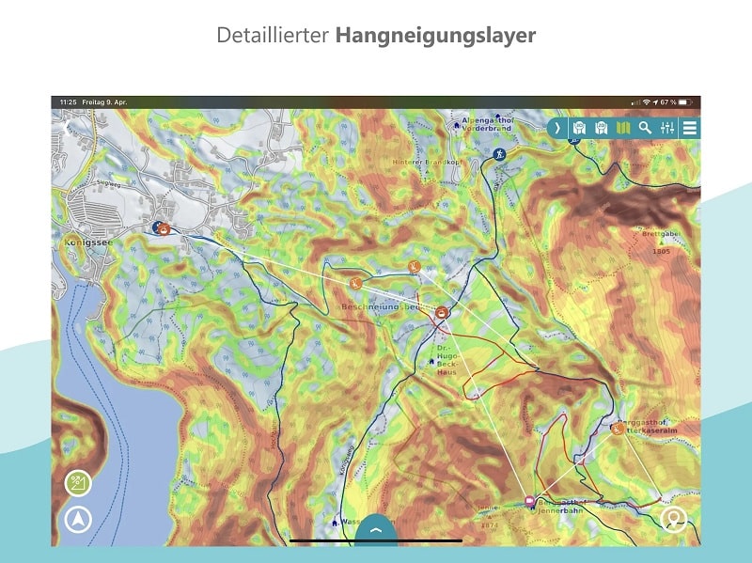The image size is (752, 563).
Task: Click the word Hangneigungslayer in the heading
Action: click(x=435, y=36)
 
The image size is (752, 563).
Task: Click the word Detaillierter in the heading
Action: click(x=273, y=36)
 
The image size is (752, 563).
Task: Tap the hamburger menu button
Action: click(x=690, y=128)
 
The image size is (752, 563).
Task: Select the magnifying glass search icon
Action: click(x=645, y=128)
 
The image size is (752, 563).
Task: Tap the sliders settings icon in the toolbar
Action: click(x=667, y=128)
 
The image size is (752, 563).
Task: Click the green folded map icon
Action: click(x=622, y=128)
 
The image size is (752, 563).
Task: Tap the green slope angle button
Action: click(x=77, y=484)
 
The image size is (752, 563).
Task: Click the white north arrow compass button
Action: click(x=77, y=519)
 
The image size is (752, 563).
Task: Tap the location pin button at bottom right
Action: click(x=673, y=519)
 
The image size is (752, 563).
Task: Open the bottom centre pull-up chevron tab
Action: click(x=376, y=530)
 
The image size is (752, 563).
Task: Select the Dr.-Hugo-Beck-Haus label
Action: click(x=446, y=358)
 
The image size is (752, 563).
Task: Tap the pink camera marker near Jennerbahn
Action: click(x=530, y=502)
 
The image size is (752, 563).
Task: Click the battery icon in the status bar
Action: click(x=687, y=102)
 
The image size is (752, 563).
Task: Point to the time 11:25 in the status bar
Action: click(x=68, y=102)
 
